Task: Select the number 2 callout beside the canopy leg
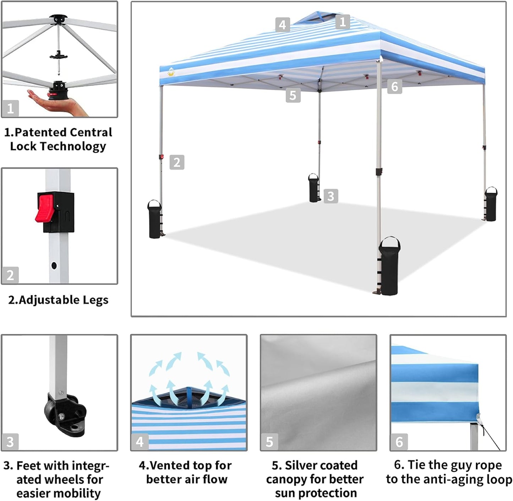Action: [x=177, y=162]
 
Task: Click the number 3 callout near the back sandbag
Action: [x=331, y=196]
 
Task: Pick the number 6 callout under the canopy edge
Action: [x=394, y=86]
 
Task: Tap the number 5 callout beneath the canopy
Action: [x=293, y=95]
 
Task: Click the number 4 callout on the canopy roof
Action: [x=282, y=25]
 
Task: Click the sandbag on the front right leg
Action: [x=389, y=266]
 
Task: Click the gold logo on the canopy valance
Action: [x=172, y=72]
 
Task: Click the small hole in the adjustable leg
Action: [x=54, y=265]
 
